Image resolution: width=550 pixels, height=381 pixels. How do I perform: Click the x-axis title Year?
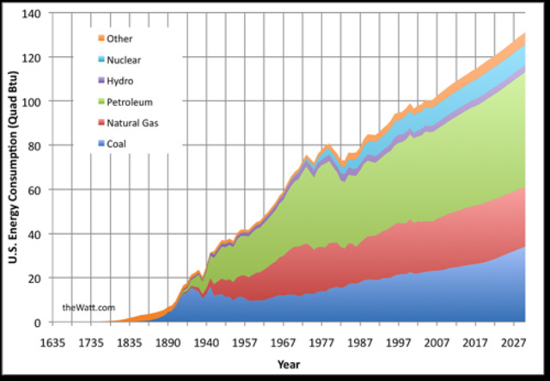pyautogui.click(x=290, y=365)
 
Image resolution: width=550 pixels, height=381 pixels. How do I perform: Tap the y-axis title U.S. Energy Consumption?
pyautogui.click(x=15, y=168)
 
